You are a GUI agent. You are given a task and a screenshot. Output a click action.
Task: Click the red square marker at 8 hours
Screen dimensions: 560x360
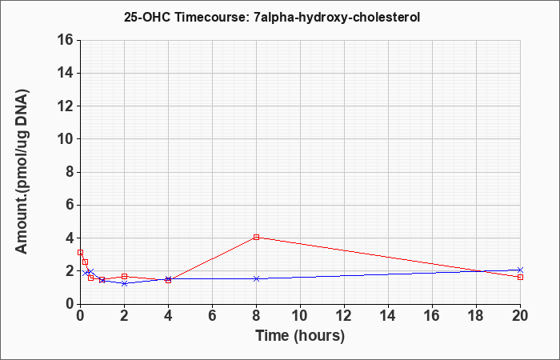pyautogui.click(x=256, y=237)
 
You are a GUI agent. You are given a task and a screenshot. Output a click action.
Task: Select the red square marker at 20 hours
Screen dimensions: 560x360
pyautogui.click(x=520, y=277)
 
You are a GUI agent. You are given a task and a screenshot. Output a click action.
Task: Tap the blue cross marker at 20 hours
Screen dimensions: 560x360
pyautogui.click(x=520, y=270)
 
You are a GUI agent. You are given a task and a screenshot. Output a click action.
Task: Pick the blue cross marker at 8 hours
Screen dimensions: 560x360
pyautogui.click(x=256, y=278)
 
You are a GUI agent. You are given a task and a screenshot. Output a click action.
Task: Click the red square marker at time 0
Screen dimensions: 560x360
pyautogui.click(x=80, y=253)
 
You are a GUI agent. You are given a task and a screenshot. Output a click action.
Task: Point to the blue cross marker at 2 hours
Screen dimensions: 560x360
pyautogui.click(x=124, y=283)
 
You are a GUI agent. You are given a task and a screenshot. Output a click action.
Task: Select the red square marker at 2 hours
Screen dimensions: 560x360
pyautogui.click(x=124, y=277)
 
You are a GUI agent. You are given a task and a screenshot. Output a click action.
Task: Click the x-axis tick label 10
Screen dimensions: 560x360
pyautogui.click(x=300, y=316)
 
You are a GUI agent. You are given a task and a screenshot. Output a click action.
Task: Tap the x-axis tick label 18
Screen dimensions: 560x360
pyautogui.click(x=476, y=316)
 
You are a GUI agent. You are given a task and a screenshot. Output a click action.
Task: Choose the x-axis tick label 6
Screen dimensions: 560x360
pyautogui.click(x=212, y=316)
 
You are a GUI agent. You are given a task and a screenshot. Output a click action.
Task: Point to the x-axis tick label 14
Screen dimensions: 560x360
pyautogui.click(x=388, y=316)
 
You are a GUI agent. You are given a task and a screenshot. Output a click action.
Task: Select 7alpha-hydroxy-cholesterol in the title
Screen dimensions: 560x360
pyautogui.click(x=337, y=18)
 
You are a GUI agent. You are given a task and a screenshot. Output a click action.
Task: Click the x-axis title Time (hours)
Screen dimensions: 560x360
pyautogui.click(x=300, y=337)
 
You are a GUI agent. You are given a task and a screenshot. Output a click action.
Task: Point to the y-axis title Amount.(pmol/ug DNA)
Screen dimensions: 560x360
pyautogui.click(x=22, y=172)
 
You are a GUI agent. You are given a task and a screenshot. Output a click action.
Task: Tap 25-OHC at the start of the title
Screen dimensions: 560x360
pyautogui.click(x=148, y=17)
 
